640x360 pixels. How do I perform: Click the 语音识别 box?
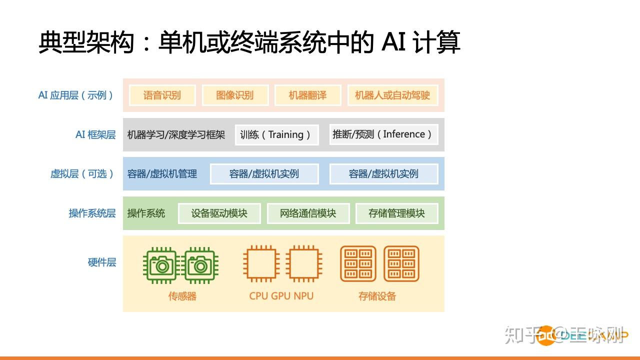(162, 95)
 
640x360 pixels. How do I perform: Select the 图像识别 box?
(235, 95)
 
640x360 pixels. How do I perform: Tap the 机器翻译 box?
(307, 95)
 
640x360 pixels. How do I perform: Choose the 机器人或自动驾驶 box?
(392, 95)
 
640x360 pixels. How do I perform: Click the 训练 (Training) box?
(276, 134)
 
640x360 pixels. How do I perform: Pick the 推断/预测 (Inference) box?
(383, 134)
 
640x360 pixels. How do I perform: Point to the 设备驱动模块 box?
(219, 213)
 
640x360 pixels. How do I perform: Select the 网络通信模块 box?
(308, 213)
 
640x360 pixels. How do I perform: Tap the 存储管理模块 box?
(396, 213)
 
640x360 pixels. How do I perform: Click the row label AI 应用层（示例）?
(76, 95)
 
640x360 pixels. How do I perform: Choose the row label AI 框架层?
(95, 134)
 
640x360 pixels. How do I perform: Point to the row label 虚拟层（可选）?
(83, 174)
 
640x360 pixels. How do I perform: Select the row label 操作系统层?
(92, 213)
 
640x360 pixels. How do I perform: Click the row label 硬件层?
(102, 262)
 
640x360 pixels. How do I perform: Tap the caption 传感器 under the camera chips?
(182, 296)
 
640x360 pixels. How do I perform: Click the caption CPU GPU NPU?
(281, 295)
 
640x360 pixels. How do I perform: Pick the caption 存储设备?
(377, 296)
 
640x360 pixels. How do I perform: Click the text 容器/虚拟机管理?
(162, 174)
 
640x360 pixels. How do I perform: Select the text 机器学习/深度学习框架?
(176, 134)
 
